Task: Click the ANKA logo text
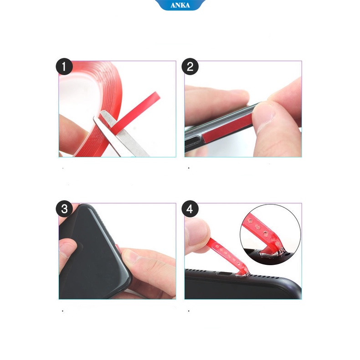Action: [180, 5]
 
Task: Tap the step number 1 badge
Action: [64, 67]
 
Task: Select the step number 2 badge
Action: [190, 67]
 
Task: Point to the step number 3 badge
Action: [64, 209]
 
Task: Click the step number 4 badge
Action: [190, 209]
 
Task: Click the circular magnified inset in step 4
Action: [271, 235]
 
